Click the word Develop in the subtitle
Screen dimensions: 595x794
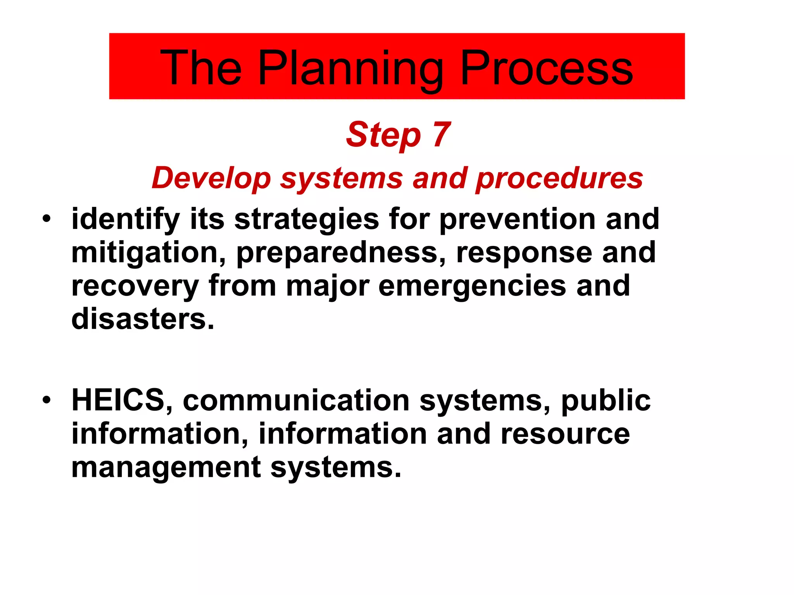(x=211, y=178)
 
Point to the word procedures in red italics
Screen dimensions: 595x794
(x=559, y=178)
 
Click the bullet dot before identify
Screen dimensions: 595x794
(x=47, y=218)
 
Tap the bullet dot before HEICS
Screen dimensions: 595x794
(x=47, y=400)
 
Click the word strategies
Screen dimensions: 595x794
(x=306, y=219)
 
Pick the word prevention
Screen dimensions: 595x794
(x=517, y=219)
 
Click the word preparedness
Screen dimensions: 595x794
(x=341, y=253)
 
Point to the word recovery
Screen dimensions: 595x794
(x=135, y=286)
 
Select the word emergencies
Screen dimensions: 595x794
(x=472, y=286)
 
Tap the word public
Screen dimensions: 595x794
(x=606, y=401)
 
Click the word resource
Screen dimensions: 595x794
(x=565, y=434)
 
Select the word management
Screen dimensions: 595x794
(x=166, y=467)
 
